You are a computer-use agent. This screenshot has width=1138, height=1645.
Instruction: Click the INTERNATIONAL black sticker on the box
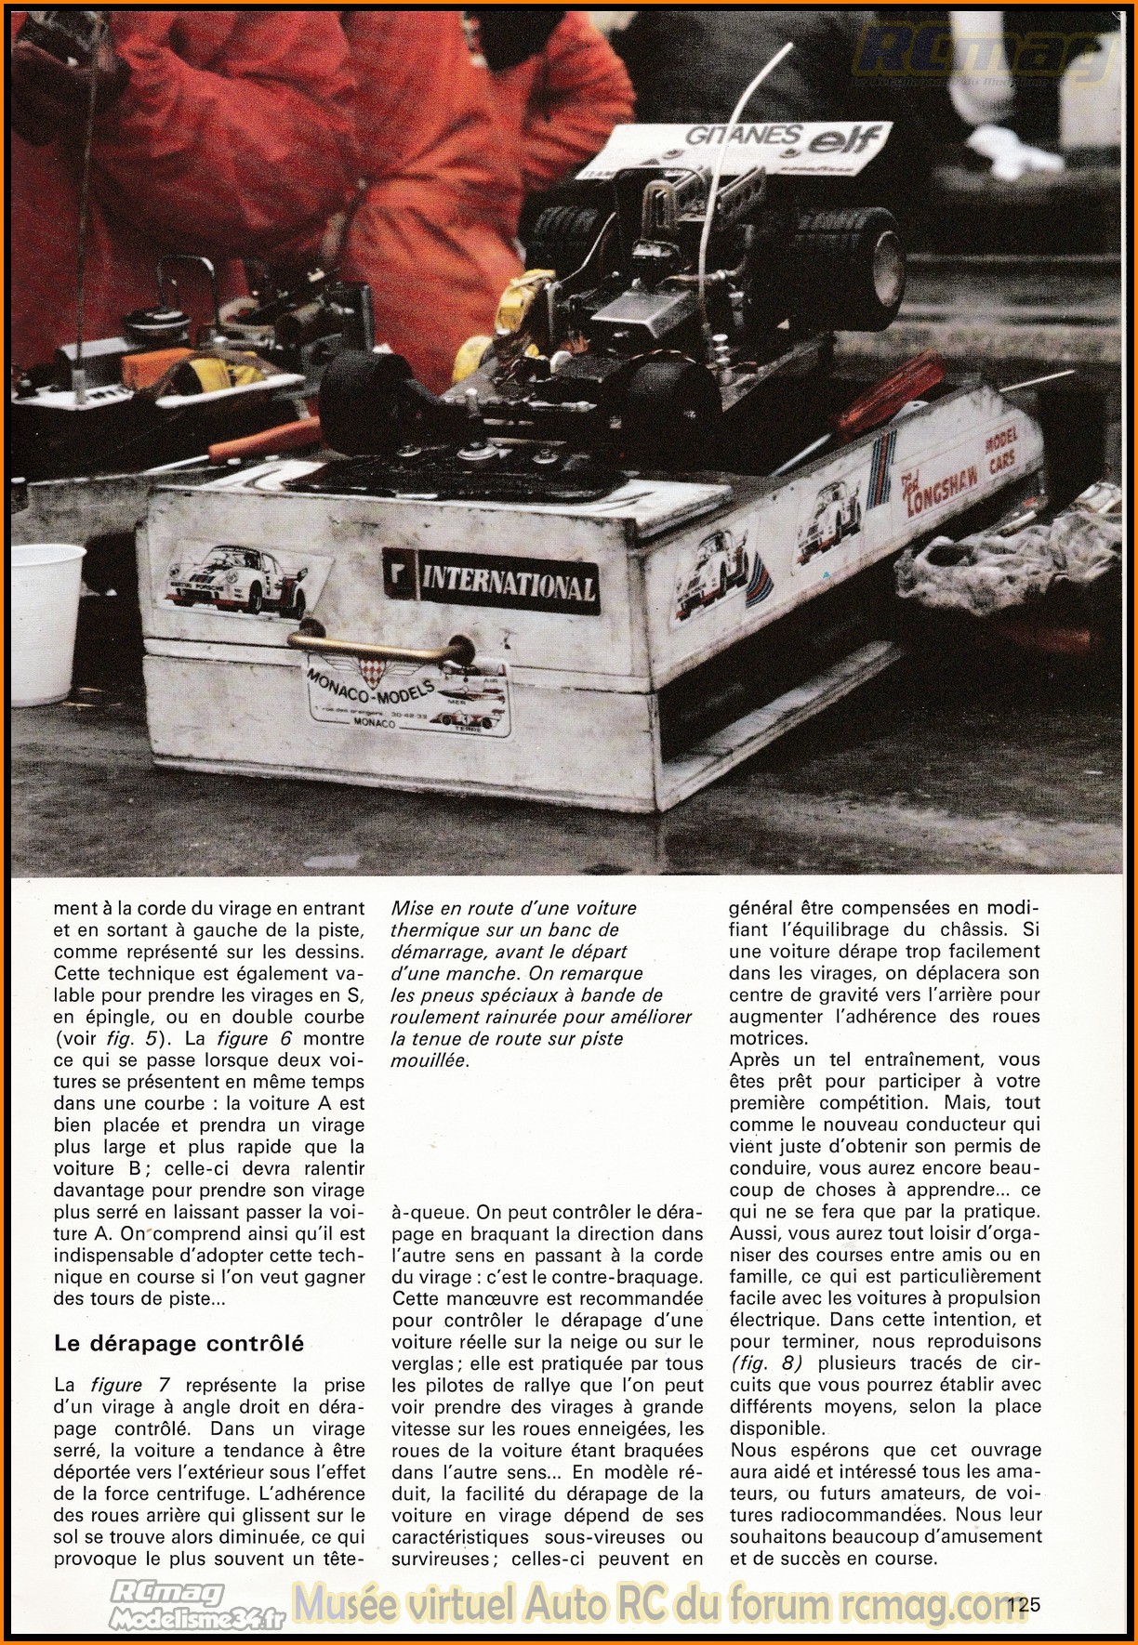pos(490,584)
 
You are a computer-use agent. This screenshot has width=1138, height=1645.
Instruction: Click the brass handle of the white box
pos(380,642)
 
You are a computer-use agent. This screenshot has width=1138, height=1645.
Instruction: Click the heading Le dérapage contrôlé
pos(179,1343)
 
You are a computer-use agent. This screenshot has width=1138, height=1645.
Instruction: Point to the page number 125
pos(1022,1604)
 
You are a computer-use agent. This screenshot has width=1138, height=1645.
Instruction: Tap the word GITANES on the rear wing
pos(742,136)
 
